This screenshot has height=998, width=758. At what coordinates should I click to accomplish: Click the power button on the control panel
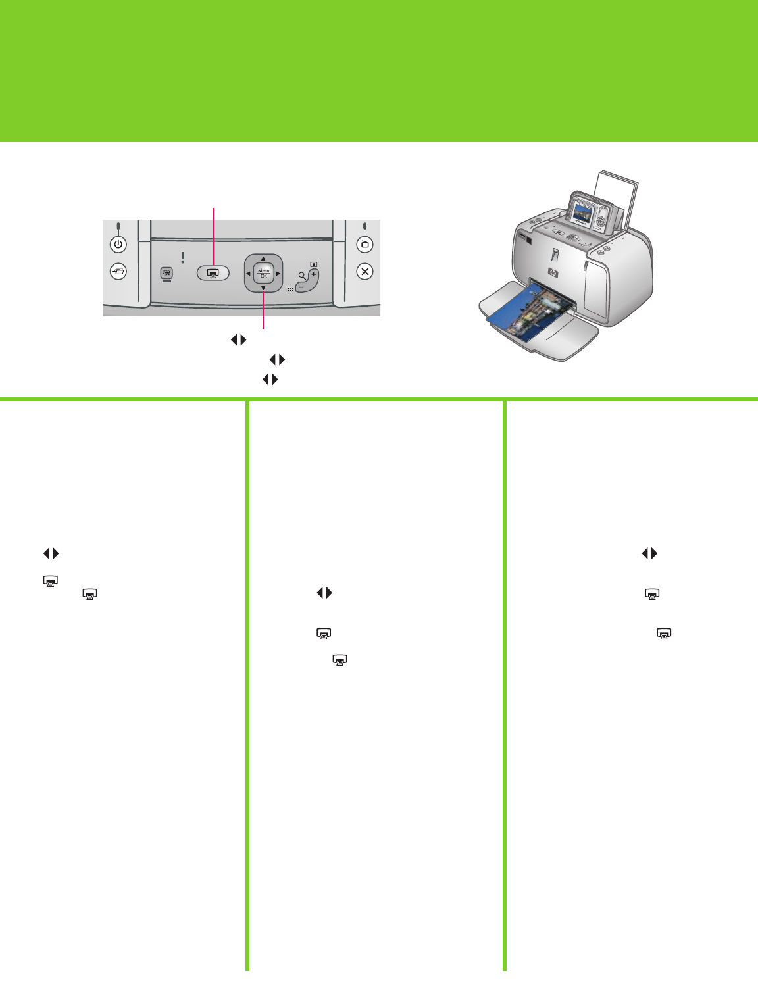click(118, 244)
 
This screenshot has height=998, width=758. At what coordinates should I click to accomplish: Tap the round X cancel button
click(365, 272)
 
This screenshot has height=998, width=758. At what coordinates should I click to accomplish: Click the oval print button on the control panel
click(213, 273)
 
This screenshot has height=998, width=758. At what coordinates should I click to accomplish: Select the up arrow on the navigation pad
click(263, 259)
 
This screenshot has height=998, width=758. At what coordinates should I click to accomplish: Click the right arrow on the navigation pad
click(278, 274)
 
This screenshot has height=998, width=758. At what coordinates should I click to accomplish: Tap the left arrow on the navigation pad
click(248, 274)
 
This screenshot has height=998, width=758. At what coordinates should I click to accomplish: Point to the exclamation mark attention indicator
click(183, 258)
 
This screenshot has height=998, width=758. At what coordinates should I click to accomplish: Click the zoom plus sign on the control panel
click(313, 274)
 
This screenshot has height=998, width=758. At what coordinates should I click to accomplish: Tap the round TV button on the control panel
click(365, 244)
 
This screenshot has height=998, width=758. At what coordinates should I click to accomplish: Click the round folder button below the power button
click(118, 272)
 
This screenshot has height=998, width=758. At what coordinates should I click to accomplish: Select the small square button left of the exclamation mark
click(166, 273)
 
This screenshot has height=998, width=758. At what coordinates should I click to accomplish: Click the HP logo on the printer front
click(553, 273)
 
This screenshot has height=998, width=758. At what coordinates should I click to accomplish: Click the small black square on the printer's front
click(529, 238)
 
